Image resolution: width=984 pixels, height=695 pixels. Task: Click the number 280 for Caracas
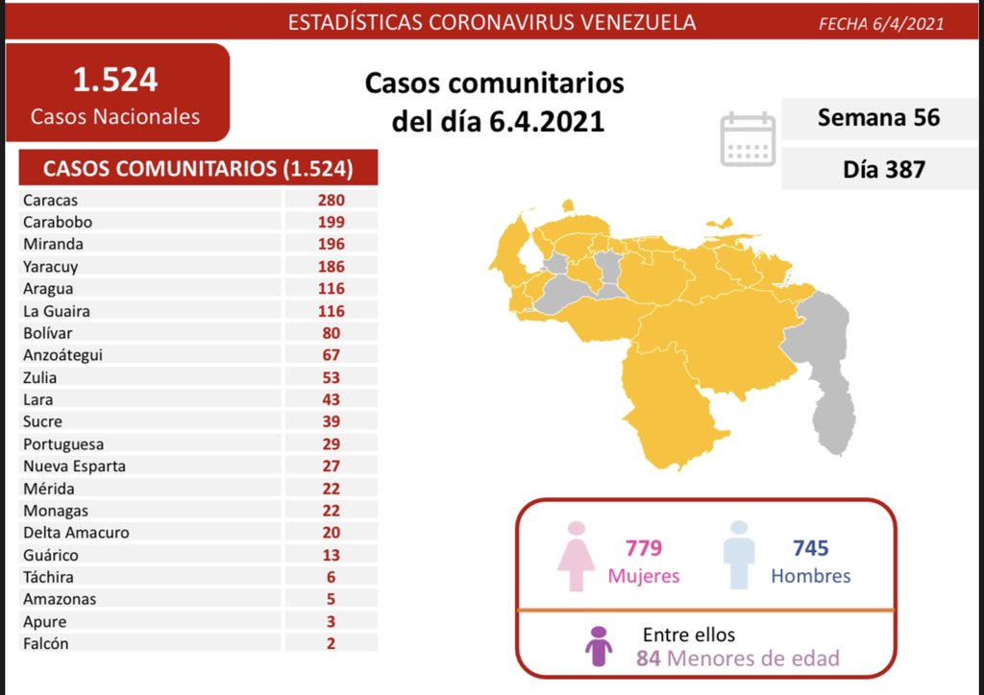(x=332, y=200)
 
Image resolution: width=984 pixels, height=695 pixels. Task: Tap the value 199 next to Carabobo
(x=332, y=222)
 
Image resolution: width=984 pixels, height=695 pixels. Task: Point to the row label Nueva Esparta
(x=75, y=467)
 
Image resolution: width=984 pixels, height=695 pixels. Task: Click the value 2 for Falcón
(x=332, y=644)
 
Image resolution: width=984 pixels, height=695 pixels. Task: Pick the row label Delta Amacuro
(x=77, y=533)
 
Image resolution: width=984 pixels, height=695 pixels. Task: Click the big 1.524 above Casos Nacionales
(x=115, y=80)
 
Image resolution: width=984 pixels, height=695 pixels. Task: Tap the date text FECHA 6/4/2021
(x=880, y=24)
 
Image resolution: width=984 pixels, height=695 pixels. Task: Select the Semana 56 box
(x=878, y=117)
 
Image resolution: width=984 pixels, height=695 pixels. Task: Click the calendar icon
(x=748, y=140)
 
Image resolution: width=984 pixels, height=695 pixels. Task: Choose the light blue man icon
(x=738, y=556)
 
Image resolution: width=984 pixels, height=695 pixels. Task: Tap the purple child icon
(x=599, y=646)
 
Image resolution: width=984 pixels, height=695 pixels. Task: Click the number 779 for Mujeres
(x=643, y=548)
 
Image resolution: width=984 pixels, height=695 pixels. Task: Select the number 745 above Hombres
(x=810, y=548)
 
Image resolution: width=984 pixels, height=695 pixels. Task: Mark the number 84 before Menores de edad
(x=648, y=659)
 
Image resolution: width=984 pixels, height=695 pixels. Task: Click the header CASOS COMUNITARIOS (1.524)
(x=198, y=169)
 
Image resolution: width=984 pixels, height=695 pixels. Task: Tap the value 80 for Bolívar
(x=332, y=333)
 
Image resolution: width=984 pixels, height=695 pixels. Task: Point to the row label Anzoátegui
(x=62, y=355)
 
